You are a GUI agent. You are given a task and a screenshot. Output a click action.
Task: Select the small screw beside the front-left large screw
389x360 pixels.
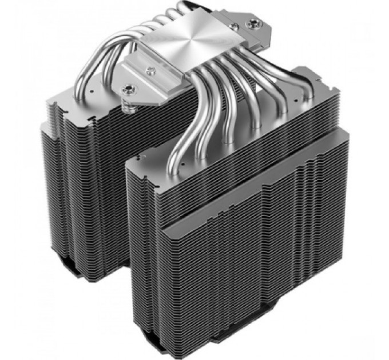coord(150,70)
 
